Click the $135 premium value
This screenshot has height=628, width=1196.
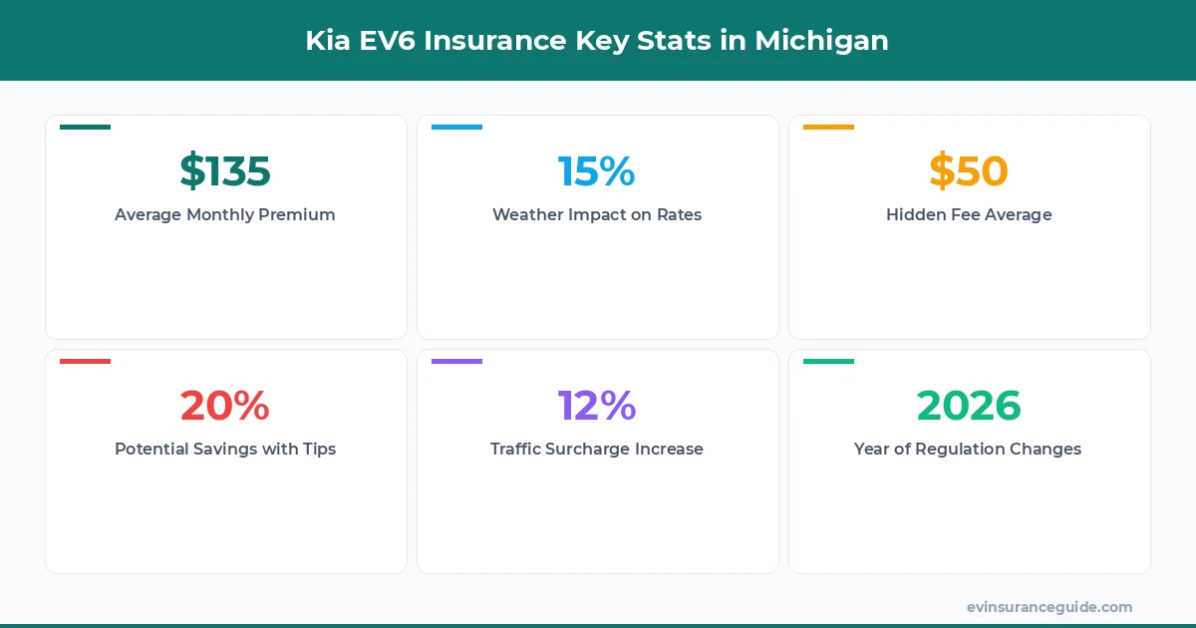coord(225,171)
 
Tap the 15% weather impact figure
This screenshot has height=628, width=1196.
coord(597,171)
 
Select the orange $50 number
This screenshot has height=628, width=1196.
coord(969,171)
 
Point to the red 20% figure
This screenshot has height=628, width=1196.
coord(225,406)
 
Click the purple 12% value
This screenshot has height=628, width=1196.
coord(597,406)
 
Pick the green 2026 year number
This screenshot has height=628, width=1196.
coord(969,406)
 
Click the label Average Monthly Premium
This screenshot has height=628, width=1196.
coord(225,214)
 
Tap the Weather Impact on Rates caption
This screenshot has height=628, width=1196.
coord(597,214)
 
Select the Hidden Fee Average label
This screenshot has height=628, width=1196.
coord(969,214)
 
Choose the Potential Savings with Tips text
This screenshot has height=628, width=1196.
coord(225,449)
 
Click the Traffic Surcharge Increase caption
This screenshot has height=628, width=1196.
coord(597,449)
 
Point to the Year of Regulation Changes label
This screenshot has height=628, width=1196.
coord(968,449)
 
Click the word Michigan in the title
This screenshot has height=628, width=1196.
coord(821,41)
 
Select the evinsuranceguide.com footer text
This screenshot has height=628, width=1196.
coord(1049,606)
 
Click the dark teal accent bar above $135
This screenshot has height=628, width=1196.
coord(85,127)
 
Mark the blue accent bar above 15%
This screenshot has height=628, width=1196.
coord(456,127)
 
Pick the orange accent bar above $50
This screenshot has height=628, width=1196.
coord(828,127)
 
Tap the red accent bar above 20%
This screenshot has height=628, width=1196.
coord(85,361)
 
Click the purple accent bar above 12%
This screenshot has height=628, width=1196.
coord(456,361)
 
